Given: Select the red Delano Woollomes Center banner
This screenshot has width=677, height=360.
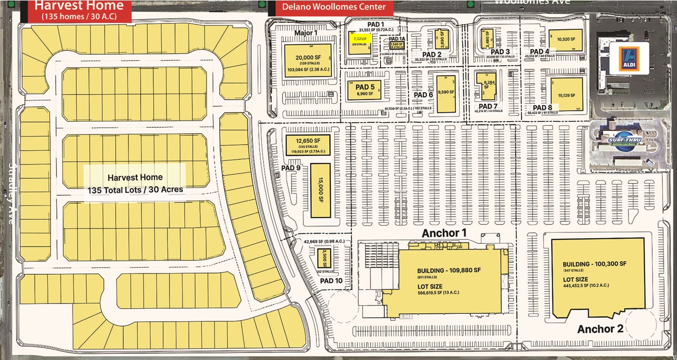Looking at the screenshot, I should [334, 7].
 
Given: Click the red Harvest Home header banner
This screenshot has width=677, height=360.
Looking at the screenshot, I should [79, 10].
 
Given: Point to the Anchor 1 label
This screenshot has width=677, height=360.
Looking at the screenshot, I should [444, 233].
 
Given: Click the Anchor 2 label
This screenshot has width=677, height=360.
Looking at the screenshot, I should [600, 329].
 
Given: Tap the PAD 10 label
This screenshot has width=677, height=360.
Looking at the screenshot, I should [331, 281].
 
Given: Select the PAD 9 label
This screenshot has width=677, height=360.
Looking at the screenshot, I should [291, 168].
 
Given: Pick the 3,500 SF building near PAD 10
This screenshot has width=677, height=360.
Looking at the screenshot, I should [324, 257].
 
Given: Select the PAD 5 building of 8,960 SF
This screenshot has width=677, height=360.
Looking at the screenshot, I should [368, 90].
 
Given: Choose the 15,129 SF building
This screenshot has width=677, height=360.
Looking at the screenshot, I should [566, 94].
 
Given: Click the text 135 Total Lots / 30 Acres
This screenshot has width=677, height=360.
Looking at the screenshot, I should [135, 190].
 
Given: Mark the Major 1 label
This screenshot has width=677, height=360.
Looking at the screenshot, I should [306, 33].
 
